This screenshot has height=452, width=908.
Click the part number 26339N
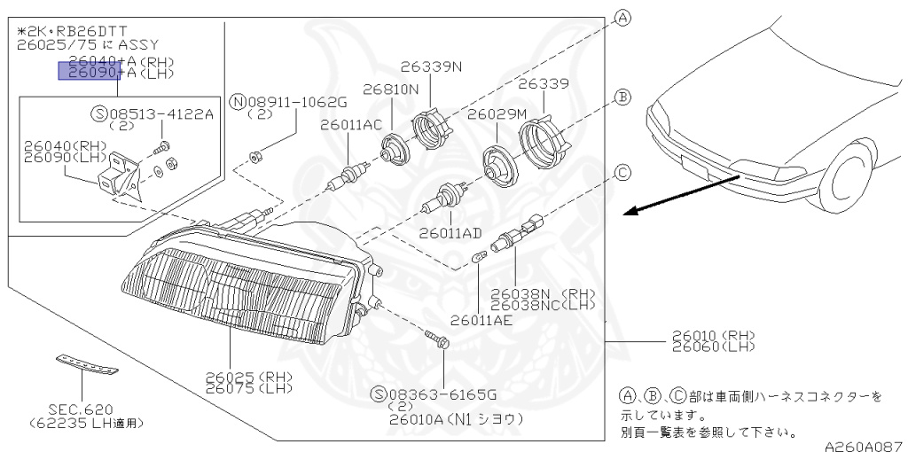[x=431, y=66]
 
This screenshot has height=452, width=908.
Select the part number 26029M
[x=497, y=114]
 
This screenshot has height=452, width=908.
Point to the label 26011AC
[x=351, y=124]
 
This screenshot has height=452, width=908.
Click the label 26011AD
[x=451, y=232]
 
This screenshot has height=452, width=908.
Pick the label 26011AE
[x=481, y=320]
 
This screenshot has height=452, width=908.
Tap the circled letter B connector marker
[x=622, y=97]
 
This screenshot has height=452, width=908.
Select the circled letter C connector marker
[x=622, y=172]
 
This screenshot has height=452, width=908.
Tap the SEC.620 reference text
[x=82, y=409]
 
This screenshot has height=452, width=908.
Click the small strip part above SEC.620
[x=86, y=363]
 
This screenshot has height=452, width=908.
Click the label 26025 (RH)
[x=248, y=376]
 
